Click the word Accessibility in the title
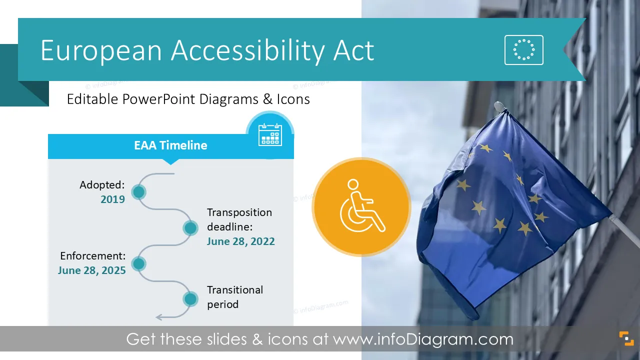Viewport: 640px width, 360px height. [x=247, y=51]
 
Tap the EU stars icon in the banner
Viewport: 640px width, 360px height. [x=523, y=50]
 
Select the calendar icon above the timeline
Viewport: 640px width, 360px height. [x=270, y=134]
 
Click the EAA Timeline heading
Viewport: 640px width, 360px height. [x=170, y=145]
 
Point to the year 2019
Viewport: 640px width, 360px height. [x=112, y=199]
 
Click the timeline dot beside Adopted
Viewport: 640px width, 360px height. [x=139, y=192]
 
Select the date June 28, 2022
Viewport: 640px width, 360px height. [x=240, y=241]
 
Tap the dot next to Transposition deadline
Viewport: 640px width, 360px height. [x=190, y=228]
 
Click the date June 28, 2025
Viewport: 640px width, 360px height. [x=91, y=270]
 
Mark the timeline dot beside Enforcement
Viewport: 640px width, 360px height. [x=139, y=263]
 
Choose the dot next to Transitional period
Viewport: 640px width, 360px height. [x=190, y=299]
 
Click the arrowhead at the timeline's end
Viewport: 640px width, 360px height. [x=159, y=317]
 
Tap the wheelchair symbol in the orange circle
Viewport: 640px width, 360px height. [x=362, y=205]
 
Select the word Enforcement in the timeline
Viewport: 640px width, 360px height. [x=93, y=255]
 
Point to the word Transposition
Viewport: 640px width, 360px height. [x=239, y=212]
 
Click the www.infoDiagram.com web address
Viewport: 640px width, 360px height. [x=423, y=339]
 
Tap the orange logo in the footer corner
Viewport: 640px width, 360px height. [x=626, y=338]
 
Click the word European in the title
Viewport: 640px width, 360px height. [x=101, y=51]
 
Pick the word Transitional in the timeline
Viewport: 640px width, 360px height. [x=235, y=290]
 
